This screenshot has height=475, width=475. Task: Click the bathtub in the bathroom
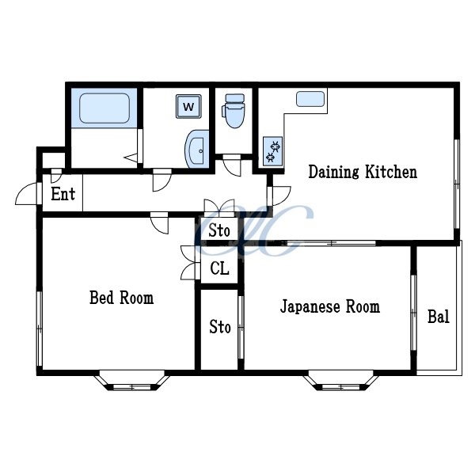tap(104, 108)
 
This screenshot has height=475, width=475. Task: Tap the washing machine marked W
tap(188, 106)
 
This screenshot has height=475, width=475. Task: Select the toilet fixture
tap(234, 112)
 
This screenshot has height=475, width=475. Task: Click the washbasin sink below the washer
tap(196, 149)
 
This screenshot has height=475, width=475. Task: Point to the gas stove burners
tap(272, 150)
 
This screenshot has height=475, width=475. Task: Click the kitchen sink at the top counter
tap(310, 99)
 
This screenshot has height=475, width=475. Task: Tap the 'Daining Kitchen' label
tap(362, 172)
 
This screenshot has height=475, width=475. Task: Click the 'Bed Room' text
tap(121, 298)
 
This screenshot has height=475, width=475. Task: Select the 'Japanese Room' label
tap(329, 306)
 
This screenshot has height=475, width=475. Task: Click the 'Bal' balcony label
tap(438, 317)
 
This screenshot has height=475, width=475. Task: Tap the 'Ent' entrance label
tap(63, 194)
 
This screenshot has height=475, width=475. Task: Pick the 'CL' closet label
tap(219, 269)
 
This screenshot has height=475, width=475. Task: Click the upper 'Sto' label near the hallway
tap(219, 231)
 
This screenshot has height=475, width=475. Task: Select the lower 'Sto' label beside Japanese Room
tap(220, 326)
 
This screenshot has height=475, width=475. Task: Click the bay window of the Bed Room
tap(132, 381)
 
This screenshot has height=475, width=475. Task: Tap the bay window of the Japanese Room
tap(340, 381)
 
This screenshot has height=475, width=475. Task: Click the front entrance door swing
tap(28, 194)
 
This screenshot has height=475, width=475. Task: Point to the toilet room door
tap(232, 165)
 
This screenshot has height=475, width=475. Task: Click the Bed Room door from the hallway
tap(160, 223)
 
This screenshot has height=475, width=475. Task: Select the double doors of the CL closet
tap(189, 263)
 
